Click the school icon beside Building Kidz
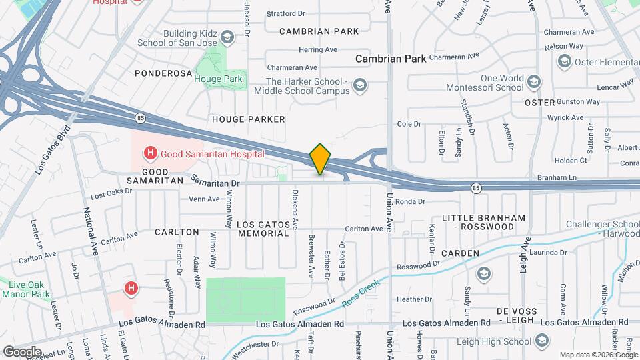tap(227, 36)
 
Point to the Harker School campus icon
tap(360, 85)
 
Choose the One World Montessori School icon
tap(533, 82)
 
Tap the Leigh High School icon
tap(544, 342)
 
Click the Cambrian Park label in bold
tap(391, 59)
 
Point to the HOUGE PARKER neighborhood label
tap(249, 119)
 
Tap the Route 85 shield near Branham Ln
tap(475, 188)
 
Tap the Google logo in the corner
tap(21, 351)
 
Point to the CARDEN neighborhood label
tap(460, 253)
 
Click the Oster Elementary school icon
tap(564, 62)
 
